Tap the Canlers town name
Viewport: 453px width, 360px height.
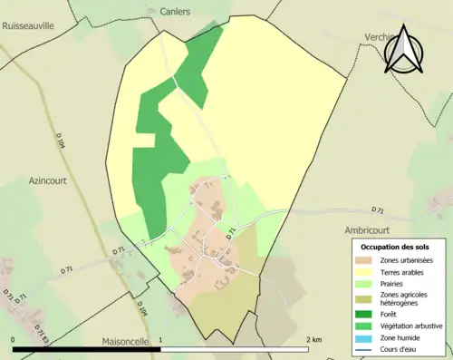(173, 13)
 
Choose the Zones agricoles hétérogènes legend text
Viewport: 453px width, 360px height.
(406, 298)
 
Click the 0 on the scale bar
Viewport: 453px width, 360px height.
(14, 339)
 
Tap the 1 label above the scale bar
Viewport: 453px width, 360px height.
(161, 339)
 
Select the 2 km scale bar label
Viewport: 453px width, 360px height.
(313, 339)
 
